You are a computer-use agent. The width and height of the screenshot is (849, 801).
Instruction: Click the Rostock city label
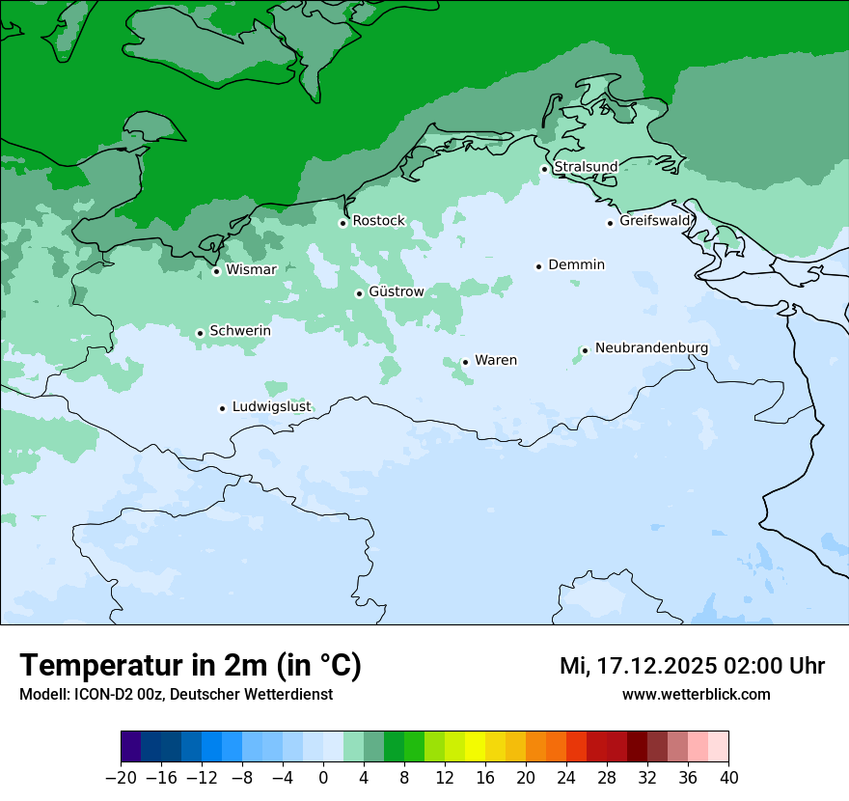click(x=378, y=221)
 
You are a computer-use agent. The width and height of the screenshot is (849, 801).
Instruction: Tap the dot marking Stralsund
click(x=544, y=169)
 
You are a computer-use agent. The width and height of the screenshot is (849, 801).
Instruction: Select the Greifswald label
click(x=655, y=221)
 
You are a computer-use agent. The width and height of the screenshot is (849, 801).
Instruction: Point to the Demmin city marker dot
click(x=538, y=266)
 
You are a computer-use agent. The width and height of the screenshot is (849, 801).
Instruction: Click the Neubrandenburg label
click(x=651, y=347)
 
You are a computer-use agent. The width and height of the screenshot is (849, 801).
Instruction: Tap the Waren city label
click(x=496, y=360)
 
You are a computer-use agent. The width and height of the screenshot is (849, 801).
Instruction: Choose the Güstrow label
click(x=396, y=291)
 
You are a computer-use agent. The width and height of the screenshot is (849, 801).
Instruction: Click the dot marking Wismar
click(x=216, y=271)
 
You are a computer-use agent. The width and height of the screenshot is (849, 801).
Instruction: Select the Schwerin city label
click(x=240, y=331)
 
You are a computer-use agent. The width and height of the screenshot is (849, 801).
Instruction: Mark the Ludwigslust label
click(x=271, y=407)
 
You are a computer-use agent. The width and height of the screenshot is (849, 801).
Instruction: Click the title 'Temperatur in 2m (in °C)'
click(x=191, y=665)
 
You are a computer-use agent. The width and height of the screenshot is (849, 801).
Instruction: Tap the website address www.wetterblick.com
click(x=696, y=694)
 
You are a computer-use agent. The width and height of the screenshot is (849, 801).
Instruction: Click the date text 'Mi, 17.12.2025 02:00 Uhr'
click(x=692, y=666)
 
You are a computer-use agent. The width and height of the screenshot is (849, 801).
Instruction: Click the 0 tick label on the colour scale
click(x=323, y=776)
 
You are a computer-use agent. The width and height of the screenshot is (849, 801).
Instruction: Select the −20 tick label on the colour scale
click(x=120, y=776)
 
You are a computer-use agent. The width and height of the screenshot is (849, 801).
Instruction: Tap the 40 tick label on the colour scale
click(x=728, y=776)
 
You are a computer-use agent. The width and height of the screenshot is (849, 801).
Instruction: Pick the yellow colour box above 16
click(x=475, y=747)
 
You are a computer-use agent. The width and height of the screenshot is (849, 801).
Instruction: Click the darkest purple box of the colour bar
click(x=131, y=747)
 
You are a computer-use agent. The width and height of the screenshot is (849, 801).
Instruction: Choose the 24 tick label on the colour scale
click(x=566, y=776)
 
